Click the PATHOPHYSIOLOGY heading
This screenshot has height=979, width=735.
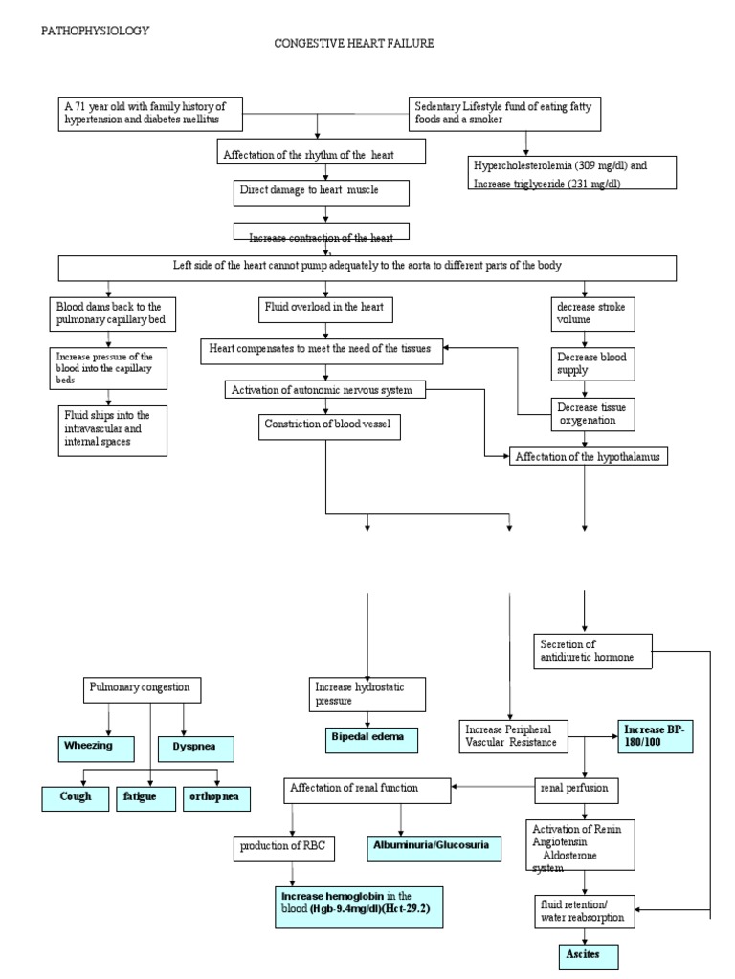pyautogui.click(x=94, y=31)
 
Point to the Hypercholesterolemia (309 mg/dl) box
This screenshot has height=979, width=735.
pyautogui.click(x=571, y=174)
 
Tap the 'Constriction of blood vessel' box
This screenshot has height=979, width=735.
pyautogui.click(x=328, y=426)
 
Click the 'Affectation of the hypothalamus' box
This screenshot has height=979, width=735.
pyautogui.click(x=588, y=457)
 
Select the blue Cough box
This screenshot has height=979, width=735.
pyautogui.click(x=74, y=797)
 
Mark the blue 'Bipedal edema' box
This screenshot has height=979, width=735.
pyautogui.click(x=367, y=738)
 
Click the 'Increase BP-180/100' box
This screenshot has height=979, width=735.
pyautogui.click(x=653, y=737)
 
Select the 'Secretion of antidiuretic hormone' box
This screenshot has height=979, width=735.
pyautogui.click(x=593, y=651)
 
